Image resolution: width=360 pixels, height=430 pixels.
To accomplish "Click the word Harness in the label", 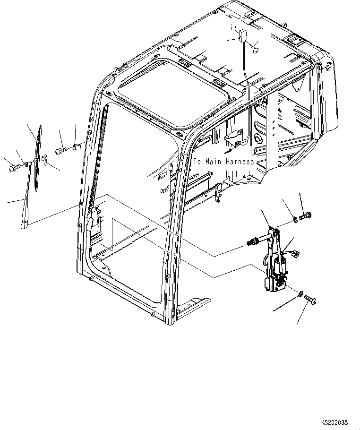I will [240, 162].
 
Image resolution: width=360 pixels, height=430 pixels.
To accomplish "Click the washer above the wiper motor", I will [294, 218].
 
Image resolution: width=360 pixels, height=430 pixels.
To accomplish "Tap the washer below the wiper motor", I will [301, 295].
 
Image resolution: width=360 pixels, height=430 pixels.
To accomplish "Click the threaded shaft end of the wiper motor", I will [251, 243].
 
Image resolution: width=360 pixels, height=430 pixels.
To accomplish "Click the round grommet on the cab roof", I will [255, 46].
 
